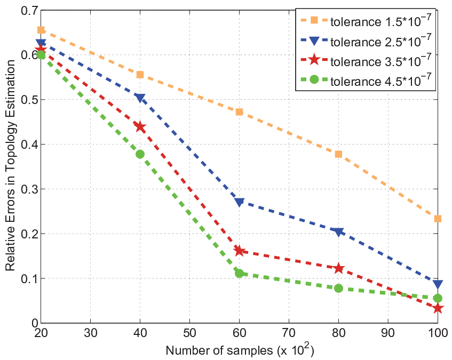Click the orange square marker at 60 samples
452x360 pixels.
click(239, 112)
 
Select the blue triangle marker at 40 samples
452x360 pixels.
click(140, 98)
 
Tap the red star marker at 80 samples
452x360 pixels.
click(338, 268)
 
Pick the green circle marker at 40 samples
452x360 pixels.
click(140, 154)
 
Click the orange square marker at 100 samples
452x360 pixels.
click(438, 219)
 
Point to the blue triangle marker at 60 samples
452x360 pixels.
click(239, 202)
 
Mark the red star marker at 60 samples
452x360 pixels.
click(239, 251)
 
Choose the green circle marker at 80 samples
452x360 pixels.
click(338, 289)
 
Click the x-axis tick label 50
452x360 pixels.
click(189, 333)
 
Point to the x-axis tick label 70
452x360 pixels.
click(289, 333)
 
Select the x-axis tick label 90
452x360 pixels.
click(388, 333)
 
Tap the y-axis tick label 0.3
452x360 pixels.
click(29, 189)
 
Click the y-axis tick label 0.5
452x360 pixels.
click(29, 100)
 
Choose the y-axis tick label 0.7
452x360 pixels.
click(29, 11)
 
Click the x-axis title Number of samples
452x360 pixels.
click(219, 350)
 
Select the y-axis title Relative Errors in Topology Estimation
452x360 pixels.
click(10, 165)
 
